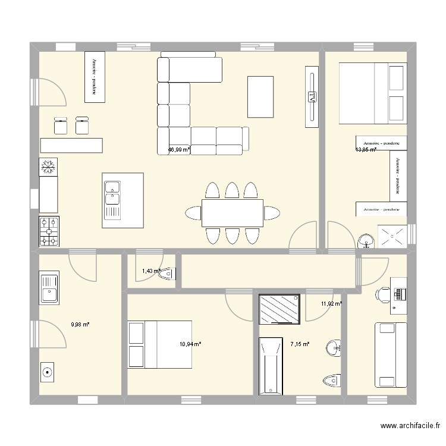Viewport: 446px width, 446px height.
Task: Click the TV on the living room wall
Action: click(311, 97)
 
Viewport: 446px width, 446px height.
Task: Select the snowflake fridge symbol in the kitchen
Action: click(49, 168)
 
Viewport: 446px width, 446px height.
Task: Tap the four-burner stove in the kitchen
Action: click(49, 232)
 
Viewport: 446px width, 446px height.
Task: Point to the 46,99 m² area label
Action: click(179, 150)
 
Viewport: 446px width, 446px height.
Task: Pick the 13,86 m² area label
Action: click(366, 150)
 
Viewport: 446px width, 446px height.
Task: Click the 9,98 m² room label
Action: click(80, 324)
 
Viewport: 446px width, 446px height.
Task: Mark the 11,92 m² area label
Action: click(331, 304)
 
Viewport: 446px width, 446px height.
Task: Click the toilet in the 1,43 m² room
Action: click(168, 273)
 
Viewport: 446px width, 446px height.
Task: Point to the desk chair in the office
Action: click(382, 293)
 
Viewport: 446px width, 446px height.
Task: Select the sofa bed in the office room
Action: click(390, 354)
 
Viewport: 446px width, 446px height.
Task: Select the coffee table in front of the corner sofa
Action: click(260, 97)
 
